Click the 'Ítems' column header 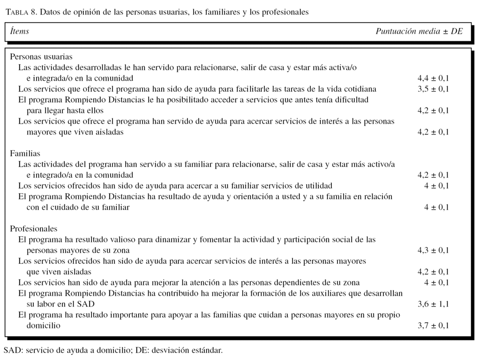click(x=20, y=31)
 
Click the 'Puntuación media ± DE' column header click(x=419, y=31)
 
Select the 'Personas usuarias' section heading click(x=41, y=57)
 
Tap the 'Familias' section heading click(x=25, y=153)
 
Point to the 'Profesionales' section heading click(x=34, y=229)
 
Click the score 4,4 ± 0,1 click(x=433, y=78)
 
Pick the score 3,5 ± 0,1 click(x=433, y=89)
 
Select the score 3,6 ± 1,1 click(x=433, y=304)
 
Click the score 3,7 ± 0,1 click(x=433, y=326)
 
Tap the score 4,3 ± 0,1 click(x=433, y=250)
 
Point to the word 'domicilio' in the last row click(x=43, y=326)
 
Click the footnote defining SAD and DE click(x=113, y=350)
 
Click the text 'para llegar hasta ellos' click(x=65, y=111)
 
